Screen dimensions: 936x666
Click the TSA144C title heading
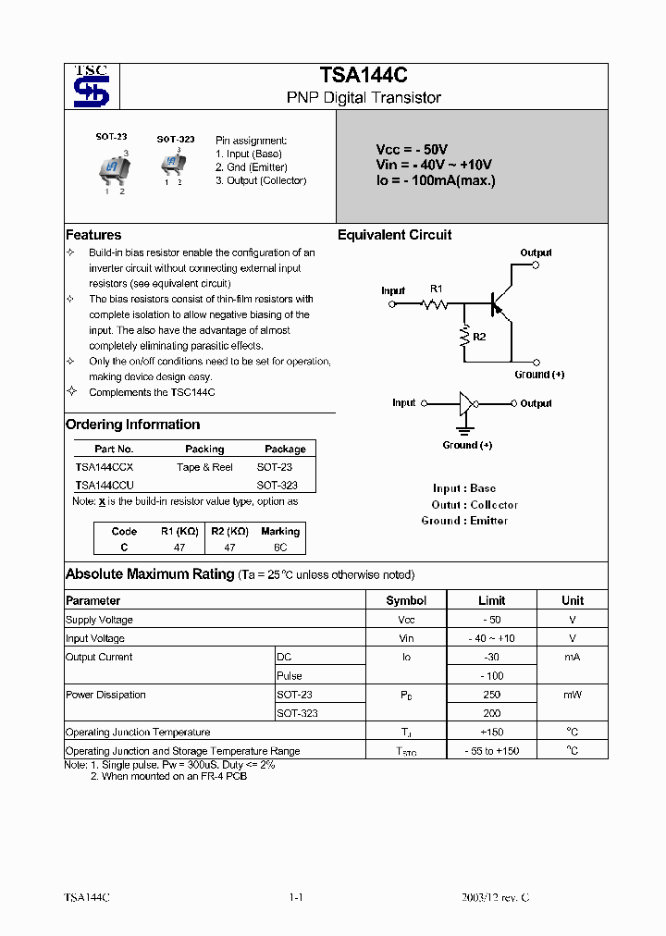[x=363, y=75]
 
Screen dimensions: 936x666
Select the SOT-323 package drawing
[x=172, y=164]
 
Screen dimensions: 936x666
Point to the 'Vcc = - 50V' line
[x=412, y=149]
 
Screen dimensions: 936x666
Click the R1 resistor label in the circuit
[x=437, y=289]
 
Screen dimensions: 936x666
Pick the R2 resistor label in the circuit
[x=479, y=337]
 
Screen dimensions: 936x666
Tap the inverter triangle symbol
[x=467, y=403]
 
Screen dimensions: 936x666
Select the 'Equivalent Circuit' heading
[x=394, y=235]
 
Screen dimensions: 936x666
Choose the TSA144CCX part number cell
[x=105, y=467]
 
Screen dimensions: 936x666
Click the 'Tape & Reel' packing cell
[x=204, y=467]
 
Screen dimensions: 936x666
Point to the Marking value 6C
[x=280, y=548]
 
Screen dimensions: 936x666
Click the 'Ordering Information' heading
[x=132, y=425]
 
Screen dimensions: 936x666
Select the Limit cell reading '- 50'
[x=491, y=620]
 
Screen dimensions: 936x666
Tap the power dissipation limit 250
[x=491, y=695]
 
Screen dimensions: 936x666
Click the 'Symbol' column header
[x=406, y=600]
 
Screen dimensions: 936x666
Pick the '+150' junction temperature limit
[x=491, y=733]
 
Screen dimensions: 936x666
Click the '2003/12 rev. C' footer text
[x=496, y=898]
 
